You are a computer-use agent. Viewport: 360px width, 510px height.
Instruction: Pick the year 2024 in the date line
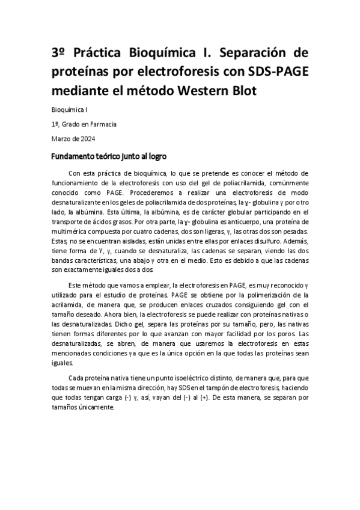click(79, 138)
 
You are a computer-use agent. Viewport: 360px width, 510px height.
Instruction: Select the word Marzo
click(61, 138)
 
